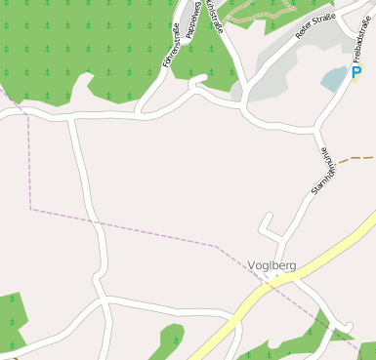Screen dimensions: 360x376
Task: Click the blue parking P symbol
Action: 355,72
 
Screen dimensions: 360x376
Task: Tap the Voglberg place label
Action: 272,264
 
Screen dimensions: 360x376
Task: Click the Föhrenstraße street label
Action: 172,47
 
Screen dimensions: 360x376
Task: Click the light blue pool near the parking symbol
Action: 335,78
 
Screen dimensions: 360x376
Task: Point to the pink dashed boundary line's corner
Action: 30,208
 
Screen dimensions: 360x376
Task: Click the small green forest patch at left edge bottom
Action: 10,317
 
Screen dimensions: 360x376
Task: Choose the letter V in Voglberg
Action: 252,264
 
